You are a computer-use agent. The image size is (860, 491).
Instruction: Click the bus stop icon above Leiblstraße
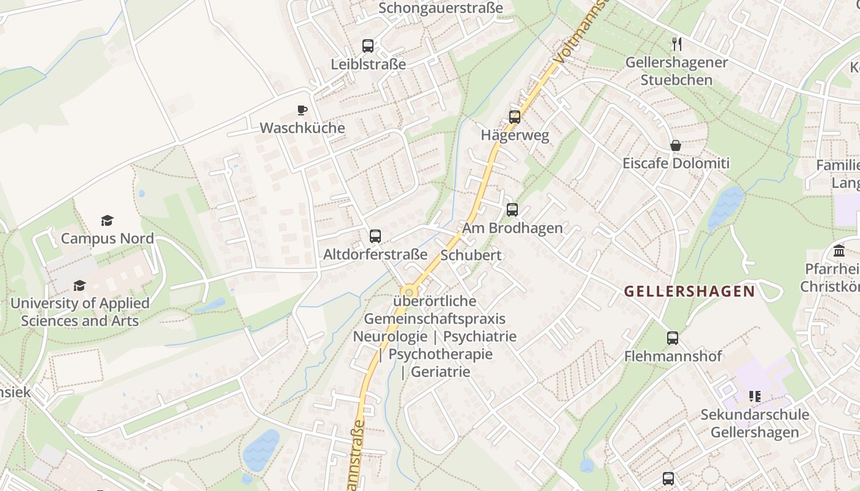pyautogui.click(x=368, y=45)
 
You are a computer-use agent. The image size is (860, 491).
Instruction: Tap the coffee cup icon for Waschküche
pyautogui.click(x=302, y=110)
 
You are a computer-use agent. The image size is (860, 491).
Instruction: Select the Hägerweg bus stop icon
pyautogui.click(x=515, y=117)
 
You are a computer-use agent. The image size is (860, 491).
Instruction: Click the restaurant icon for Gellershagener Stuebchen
pyautogui.click(x=676, y=44)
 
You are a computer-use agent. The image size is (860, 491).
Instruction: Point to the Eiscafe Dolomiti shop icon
pyautogui.click(x=676, y=145)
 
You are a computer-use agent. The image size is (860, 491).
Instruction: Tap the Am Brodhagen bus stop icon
pyautogui.click(x=512, y=210)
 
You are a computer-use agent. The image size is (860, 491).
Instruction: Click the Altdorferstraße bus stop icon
pyautogui.click(x=375, y=236)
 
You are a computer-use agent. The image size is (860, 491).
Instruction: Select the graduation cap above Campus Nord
pyautogui.click(x=107, y=220)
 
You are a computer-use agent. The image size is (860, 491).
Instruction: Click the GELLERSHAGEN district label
pyautogui.click(x=689, y=291)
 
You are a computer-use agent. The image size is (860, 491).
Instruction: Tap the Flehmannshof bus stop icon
pyautogui.click(x=673, y=338)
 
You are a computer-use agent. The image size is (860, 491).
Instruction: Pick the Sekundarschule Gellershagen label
pyautogui.click(x=755, y=423)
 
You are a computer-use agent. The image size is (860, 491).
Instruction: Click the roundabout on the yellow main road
pyautogui.click(x=408, y=292)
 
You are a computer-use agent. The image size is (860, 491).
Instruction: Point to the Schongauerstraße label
pyautogui.click(x=440, y=8)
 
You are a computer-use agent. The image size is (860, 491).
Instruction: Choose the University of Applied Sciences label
pyautogui.click(x=80, y=312)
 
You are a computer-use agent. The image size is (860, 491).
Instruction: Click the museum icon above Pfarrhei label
pyautogui.click(x=839, y=250)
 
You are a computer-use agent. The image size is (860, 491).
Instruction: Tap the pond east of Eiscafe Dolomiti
pyautogui.click(x=725, y=207)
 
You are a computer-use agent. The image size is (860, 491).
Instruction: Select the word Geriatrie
pyautogui.click(x=440, y=371)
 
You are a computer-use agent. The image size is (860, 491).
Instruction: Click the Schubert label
pyautogui.click(x=471, y=255)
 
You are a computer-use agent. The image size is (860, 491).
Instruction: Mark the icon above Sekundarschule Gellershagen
pyautogui.click(x=755, y=396)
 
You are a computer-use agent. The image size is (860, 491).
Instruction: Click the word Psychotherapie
pyautogui.click(x=440, y=354)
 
